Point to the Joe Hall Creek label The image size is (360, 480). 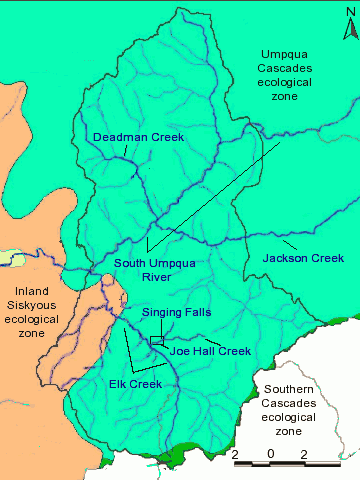pyautogui.click(x=210, y=351)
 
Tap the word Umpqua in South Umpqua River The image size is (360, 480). pyautogui.click(x=171, y=264)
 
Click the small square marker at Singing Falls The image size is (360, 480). pyautogui.click(x=156, y=342)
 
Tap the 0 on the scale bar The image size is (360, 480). pyautogui.click(x=270, y=454)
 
